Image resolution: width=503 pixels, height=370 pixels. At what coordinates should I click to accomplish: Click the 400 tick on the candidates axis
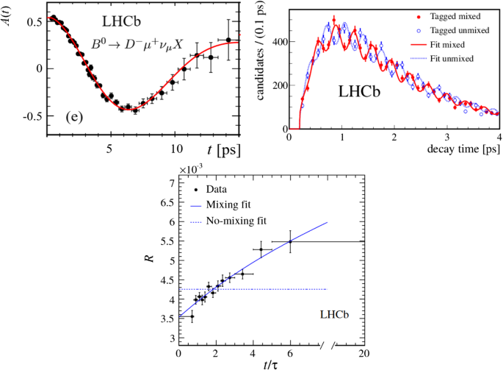pyautogui.click(x=276, y=42)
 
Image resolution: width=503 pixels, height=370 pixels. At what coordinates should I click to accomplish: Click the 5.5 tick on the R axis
pyautogui.click(x=169, y=241)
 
